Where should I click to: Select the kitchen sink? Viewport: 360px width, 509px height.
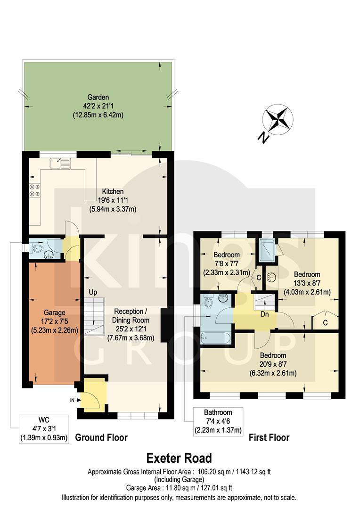[x=59, y=163]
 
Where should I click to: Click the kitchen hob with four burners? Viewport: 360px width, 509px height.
[x=34, y=189]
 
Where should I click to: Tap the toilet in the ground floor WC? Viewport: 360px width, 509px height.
[x=38, y=246]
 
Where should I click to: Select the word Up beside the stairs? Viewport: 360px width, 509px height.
[x=93, y=292]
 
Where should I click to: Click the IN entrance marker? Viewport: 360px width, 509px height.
[x=72, y=400]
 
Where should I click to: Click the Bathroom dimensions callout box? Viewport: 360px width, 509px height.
[x=218, y=422]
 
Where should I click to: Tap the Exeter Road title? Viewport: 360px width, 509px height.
[x=179, y=458]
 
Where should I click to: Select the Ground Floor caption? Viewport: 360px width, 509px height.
[x=101, y=437]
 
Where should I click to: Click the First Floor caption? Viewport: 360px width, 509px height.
[x=269, y=437]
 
